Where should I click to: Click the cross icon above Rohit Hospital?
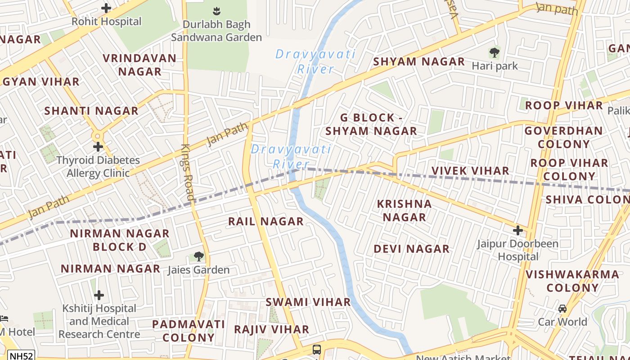tap(106, 8)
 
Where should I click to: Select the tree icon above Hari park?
tap(495, 53)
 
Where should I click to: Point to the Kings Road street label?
tap(187, 171)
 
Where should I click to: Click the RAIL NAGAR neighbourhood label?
tap(265, 221)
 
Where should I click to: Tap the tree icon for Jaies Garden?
tap(198, 256)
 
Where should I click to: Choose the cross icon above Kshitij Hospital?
tap(99, 295)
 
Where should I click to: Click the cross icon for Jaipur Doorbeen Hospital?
tap(518, 230)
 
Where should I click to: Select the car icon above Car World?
tap(562, 309)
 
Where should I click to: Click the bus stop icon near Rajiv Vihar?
tap(317, 350)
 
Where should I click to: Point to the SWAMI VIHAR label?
tap(308, 302)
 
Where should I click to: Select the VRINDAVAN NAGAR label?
tap(139, 65)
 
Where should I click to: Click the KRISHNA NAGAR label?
tap(404, 210)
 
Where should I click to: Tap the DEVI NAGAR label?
tap(411, 249)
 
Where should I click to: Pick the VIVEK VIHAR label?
tap(470, 171)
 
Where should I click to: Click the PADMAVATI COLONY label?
tap(188, 331)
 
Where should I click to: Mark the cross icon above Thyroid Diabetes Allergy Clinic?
tap(98, 147)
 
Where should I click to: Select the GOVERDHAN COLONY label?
tap(563, 137)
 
